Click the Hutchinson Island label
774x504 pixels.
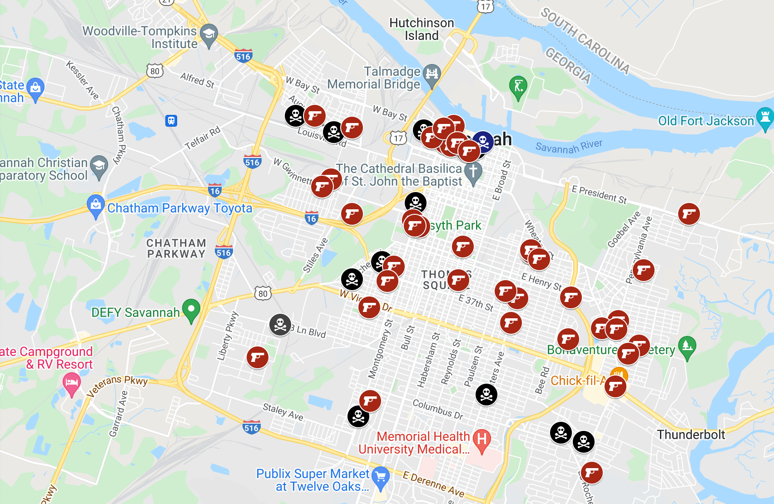[422, 29]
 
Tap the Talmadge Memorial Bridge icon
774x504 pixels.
[432, 73]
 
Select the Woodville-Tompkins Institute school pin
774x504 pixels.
[209, 34]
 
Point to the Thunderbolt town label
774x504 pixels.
[691, 435]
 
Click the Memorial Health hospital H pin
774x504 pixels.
[482, 440]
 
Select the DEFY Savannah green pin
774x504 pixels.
[191, 309]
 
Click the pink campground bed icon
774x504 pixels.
[71, 383]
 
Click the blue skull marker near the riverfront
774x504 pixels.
[483, 142]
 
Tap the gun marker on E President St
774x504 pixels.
[689, 214]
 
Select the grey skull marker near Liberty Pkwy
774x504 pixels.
[280, 325]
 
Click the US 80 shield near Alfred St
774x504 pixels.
[155, 71]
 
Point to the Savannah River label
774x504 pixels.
[569, 146]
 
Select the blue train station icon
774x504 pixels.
[171, 121]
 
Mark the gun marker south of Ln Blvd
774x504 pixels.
[257, 357]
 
